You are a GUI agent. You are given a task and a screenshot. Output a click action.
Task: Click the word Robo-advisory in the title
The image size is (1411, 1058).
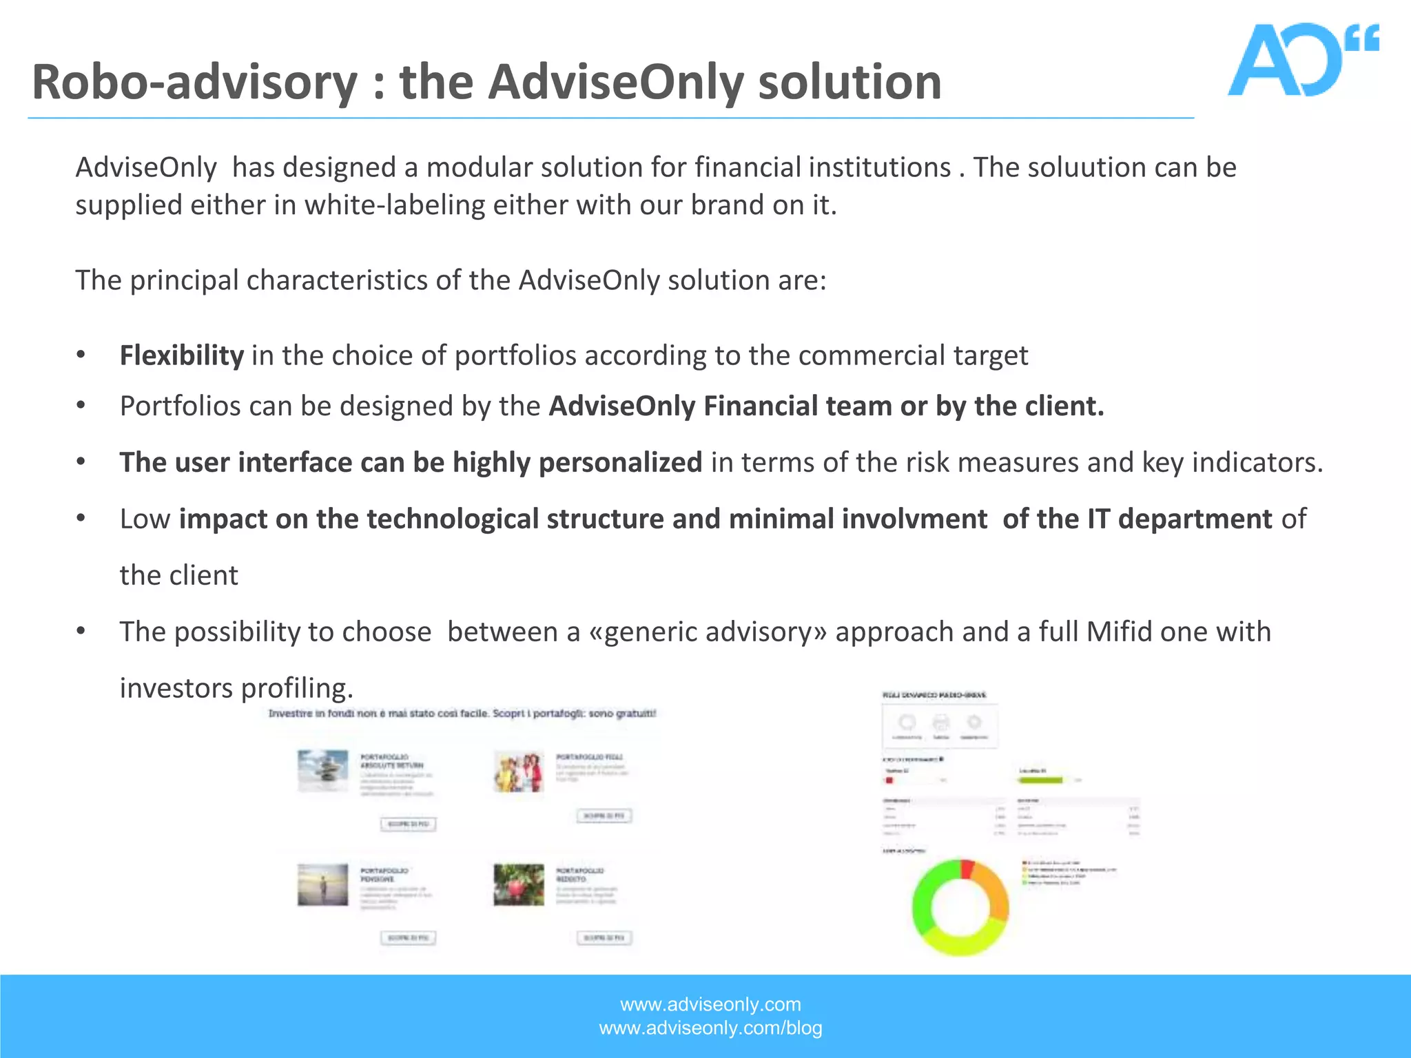click(x=194, y=83)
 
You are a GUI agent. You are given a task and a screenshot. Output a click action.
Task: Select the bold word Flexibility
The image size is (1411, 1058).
click(x=181, y=355)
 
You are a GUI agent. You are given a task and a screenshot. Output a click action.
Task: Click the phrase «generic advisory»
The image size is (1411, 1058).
click(x=708, y=632)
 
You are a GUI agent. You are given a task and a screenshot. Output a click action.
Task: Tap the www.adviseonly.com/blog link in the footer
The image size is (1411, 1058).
click(x=710, y=1028)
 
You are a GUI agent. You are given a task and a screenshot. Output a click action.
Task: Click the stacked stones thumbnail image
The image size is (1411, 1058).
click(x=322, y=770)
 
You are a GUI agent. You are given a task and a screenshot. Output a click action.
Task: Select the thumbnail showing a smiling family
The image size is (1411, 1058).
click(x=519, y=771)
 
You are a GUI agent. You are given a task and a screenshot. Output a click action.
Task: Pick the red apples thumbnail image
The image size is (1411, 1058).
click(x=519, y=884)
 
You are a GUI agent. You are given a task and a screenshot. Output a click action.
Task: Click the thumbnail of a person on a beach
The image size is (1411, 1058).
click(x=322, y=884)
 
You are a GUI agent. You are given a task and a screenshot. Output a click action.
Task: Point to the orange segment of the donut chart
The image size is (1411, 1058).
click(x=993, y=889)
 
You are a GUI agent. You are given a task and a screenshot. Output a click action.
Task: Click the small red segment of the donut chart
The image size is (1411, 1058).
click(x=967, y=869)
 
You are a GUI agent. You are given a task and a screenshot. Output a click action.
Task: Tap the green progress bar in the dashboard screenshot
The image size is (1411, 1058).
click(x=1040, y=780)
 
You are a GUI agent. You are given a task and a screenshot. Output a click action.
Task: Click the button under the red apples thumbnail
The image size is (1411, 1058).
click(x=604, y=937)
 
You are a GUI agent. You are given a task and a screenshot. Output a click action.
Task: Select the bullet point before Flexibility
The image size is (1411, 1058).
click(x=81, y=355)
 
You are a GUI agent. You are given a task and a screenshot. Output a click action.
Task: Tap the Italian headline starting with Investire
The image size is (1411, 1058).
click(x=462, y=714)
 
